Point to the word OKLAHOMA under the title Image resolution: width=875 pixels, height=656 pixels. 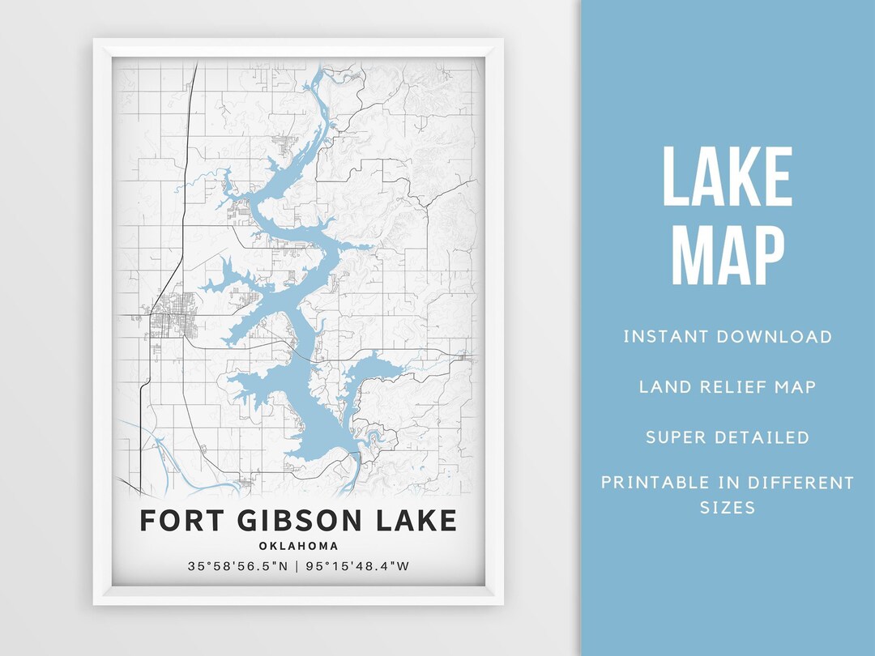pyautogui.click(x=298, y=546)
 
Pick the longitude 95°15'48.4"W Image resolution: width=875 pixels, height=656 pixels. pyautogui.click(x=358, y=566)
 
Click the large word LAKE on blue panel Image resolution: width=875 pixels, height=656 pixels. pyautogui.click(x=727, y=178)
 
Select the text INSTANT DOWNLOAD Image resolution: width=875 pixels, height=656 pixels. pyautogui.click(x=727, y=336)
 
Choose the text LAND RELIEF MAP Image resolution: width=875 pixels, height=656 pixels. pyautogui.click(x=727, y=386)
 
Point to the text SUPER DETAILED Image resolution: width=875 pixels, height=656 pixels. pyautogui.click(x=727, y=437)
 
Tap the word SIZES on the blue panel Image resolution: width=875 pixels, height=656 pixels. pyautogui.click(x=727, y=508)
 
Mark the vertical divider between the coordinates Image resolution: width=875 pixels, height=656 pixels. pyautogui.click(x=298, y=566)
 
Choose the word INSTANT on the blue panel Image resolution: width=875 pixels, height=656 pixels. pyautogui.click(x=662, y=336)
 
